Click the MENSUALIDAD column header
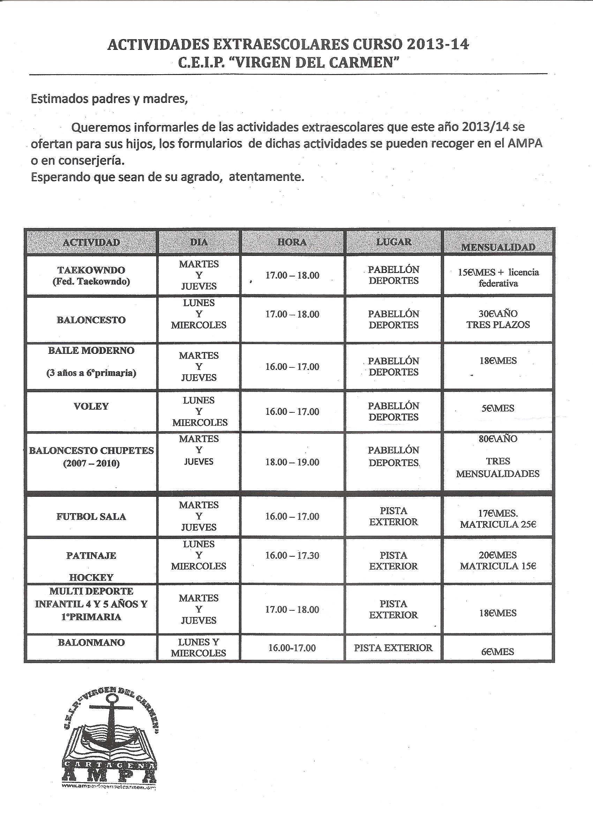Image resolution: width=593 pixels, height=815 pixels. [x=498, y=247]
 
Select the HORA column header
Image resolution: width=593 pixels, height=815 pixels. [x=292, y=242]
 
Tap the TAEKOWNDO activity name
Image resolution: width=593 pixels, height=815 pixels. [x=91, y=270]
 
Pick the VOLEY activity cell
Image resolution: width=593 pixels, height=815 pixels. [x=91, y=406]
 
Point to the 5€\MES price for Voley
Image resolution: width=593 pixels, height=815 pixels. [x=498, y=408]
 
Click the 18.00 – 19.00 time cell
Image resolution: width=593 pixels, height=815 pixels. [x=292, y=462]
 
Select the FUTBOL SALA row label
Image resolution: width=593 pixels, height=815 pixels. [x=91, y=517]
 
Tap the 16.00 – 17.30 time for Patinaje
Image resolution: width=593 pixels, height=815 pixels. [x=292, y=556]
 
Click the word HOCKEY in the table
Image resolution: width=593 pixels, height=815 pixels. [x=91, y=578]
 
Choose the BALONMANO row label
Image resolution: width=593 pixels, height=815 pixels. [x=91, y=642]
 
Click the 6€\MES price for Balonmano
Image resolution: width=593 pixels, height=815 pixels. [x=498, y=652]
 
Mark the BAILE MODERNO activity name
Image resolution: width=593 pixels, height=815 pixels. [x=91, y=351]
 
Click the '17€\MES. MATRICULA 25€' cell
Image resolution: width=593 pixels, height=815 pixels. [x=498, y=519]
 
